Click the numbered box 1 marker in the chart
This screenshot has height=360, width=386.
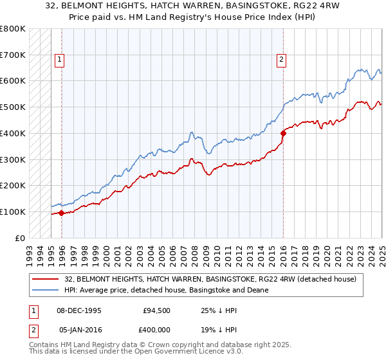tap(59, 60)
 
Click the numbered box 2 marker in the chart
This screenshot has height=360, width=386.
tap(282, 60)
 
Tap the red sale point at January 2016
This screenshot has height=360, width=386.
tap(283, 133)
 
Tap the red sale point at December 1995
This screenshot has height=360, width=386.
tap(61, 213)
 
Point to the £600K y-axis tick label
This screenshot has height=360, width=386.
tap(13, 81)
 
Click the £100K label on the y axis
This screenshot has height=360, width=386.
tap(13, 212)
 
